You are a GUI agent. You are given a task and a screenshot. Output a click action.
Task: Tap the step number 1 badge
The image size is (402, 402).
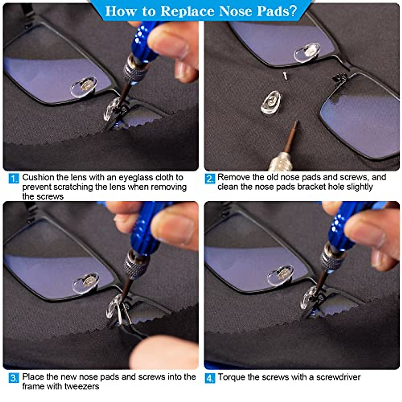(14, 178)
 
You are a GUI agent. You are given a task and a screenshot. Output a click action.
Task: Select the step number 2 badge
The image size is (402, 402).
(210, 178)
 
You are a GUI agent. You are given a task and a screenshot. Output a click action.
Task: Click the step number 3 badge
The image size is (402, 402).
(14, 378)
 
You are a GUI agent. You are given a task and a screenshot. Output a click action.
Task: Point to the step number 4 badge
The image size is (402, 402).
(210, 378)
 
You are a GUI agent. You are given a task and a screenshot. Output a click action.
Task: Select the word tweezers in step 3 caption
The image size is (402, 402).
(82, 386)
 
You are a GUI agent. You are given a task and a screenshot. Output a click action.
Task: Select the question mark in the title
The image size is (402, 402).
(293, 11)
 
